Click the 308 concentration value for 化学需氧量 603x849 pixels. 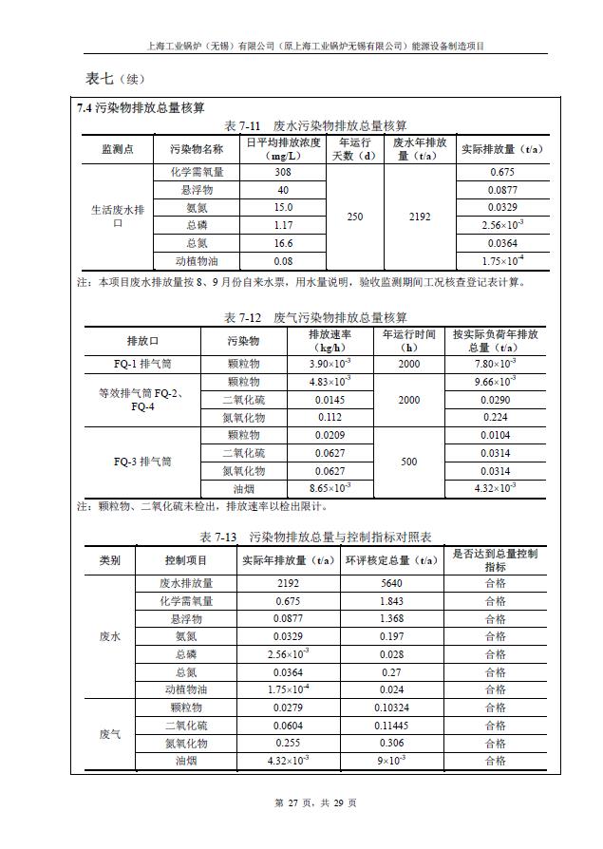[282, 172]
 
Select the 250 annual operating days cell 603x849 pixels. [354, 217]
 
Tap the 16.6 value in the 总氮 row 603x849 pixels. [282, 243]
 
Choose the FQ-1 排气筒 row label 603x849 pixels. [143, 364]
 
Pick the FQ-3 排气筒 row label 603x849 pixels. [143, 462]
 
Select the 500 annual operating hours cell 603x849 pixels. [408, 462]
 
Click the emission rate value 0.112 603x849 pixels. [330, 417]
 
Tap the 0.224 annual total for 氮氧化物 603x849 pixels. [495, 417]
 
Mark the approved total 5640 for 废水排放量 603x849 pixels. [391, 583]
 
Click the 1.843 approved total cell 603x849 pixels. [391, 601]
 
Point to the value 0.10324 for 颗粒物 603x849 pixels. [391, 707]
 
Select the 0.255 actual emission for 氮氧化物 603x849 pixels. [288, 744]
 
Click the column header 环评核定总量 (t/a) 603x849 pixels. [391, 560]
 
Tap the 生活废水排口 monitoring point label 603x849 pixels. [117, 217]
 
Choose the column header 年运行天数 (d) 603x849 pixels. [354, 149]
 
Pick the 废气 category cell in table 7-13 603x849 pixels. [110, 734]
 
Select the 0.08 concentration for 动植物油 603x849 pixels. [282, 261]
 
